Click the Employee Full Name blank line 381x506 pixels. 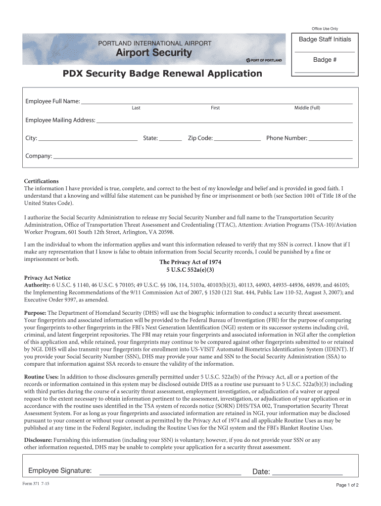[x=216, y=103]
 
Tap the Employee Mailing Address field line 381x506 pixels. [x=225, y=121]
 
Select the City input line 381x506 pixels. [x=88, y=140]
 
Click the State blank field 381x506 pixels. [x=170, y=140]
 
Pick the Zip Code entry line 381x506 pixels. [x=238, y=140]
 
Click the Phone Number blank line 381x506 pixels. [x=331, y=140]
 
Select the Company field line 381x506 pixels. [x=203, y=158]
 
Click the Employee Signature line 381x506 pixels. [x=170, y=473]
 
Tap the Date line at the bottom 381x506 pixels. [x=307, y=473]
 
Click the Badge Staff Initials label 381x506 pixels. [x=325, y=40]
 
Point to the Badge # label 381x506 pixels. [x=325, y=60]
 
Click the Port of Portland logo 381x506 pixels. [x=264, y=60]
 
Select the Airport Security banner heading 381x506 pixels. [x=153, y=53]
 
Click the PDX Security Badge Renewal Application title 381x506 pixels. [x=162, y=74]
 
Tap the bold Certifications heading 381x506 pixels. [x=42, y=181]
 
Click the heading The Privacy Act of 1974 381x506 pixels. [x=190, y=262]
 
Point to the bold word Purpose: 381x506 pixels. [x=35, y=313]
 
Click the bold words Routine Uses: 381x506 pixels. [x=42, y=377]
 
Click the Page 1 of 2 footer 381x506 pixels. [x=347, y=485]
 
